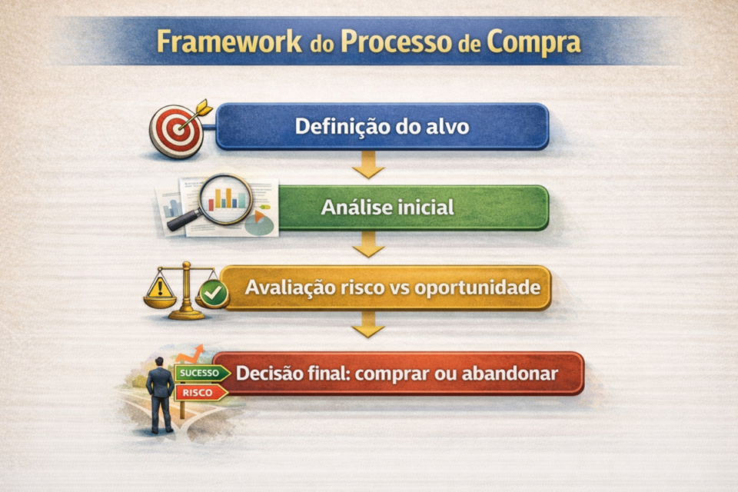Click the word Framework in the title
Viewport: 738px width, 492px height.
click(228, 42)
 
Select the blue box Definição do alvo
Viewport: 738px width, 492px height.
click(382, 126)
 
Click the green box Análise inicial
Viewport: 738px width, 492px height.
click(413, 208)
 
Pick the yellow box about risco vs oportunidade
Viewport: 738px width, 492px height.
click(385, 288)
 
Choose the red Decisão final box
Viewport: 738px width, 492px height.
click(397, 374)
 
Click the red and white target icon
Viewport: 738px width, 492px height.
click(177, 130)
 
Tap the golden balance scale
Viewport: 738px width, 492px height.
click(185, 291)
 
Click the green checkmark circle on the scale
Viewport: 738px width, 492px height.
click(213, 293)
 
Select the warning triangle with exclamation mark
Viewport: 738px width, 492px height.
click(160, 288)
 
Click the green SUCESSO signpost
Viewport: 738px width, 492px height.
click(201, 373)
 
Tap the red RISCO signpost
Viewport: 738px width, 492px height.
click(200, 392)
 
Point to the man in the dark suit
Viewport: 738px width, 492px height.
click(160, 394)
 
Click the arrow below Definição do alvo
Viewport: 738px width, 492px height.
click(368, 164)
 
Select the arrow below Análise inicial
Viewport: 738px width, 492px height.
click(368, 244)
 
